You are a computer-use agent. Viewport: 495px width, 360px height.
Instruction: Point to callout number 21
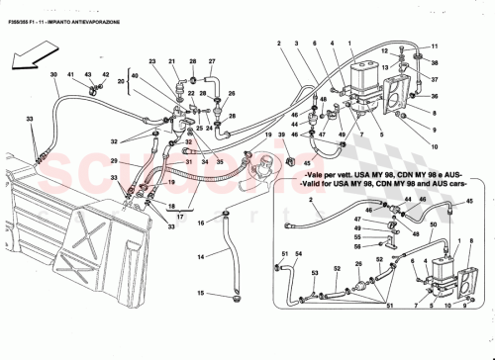(170, 61)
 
